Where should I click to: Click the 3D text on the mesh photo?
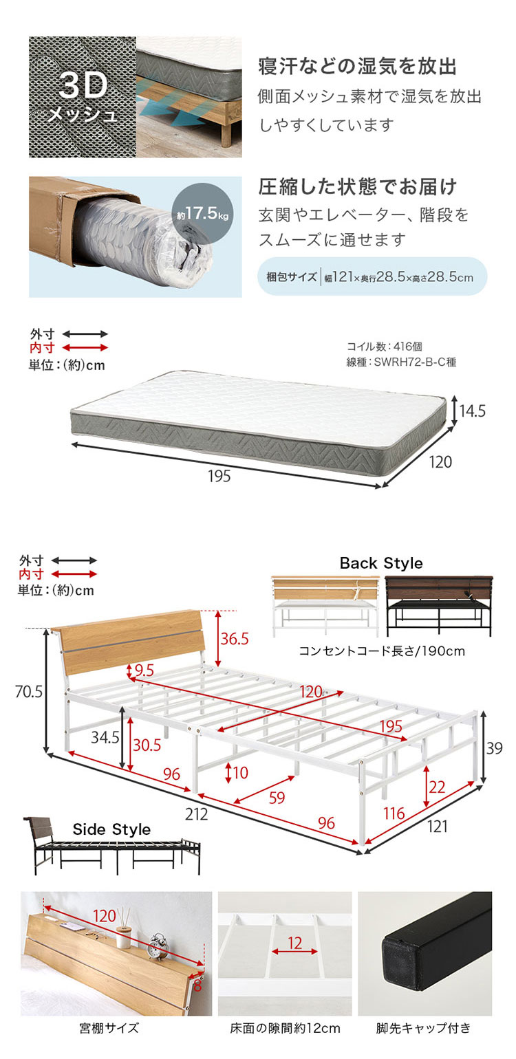coord(83,85)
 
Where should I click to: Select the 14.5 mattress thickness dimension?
coord(472,411)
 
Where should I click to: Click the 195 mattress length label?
coord(219,476)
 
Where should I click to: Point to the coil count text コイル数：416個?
coord(385,347)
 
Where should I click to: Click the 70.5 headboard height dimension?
coord(29,691)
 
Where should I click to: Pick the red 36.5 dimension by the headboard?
coord(234,639)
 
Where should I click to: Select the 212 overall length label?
coord(196,814)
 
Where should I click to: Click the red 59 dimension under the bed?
coord(277,798)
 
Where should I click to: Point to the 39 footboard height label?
coord(494,748)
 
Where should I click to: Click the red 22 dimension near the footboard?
coord(437,787)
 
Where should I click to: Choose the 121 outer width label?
coord(437,826)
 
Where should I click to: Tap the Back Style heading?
coord(381,563)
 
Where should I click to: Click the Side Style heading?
coord(111,829)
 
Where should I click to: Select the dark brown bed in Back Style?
coord(439,606)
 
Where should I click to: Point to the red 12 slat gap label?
coord(294,943)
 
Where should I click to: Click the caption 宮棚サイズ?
coord(109,1028)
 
